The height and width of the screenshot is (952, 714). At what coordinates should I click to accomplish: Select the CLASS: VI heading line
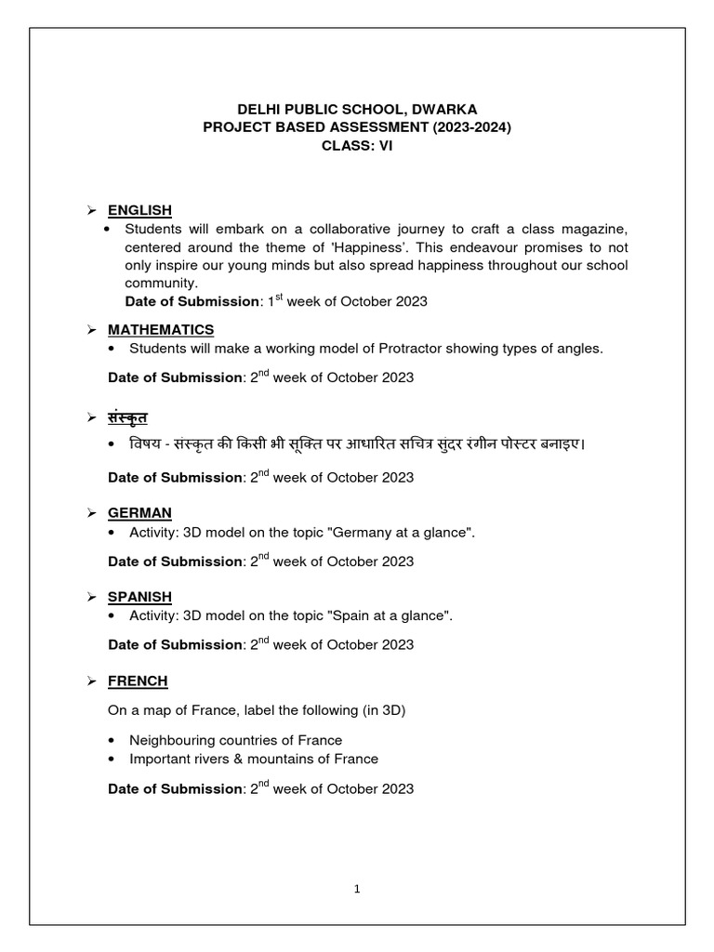point(357,146)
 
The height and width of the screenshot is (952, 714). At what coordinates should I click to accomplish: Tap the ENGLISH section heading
point(139,210)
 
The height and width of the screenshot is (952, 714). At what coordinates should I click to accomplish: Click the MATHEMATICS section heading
point(161,330)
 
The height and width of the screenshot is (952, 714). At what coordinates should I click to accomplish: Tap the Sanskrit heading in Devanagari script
point(127,416)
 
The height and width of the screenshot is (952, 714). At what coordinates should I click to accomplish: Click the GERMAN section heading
point(139,513)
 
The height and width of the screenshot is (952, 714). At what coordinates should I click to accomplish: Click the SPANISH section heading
point(139,597)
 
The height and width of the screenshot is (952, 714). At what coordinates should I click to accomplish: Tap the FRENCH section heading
point(138,681)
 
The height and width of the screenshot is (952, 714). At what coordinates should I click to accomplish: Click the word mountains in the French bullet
point(280,759)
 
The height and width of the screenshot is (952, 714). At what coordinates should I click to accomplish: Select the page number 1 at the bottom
point(357,889)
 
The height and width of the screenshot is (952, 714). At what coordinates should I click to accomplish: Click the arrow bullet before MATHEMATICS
point(92,330)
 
